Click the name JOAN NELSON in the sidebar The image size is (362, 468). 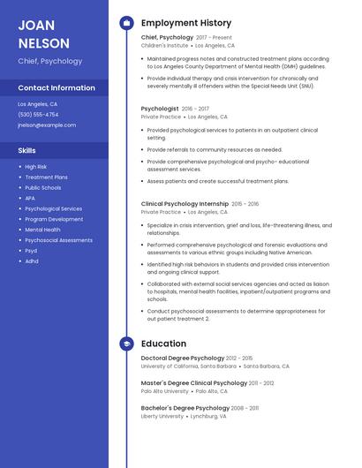43,34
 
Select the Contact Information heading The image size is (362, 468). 57,88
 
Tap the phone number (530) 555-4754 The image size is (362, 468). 38,115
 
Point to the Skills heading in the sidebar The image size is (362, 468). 27,150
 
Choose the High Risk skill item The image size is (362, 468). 36,167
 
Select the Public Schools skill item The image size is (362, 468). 43,188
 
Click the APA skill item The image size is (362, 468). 30,199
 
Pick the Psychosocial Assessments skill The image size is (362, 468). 58,240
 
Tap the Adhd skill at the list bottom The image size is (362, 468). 32,261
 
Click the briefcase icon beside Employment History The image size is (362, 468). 126,23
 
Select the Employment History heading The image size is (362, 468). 186,23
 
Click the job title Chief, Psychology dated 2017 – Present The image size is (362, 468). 167,38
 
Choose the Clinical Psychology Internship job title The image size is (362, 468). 185,204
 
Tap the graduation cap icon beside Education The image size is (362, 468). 126,343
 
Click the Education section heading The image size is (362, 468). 163,343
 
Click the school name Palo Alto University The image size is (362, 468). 164,391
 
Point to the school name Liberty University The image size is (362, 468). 162,416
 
